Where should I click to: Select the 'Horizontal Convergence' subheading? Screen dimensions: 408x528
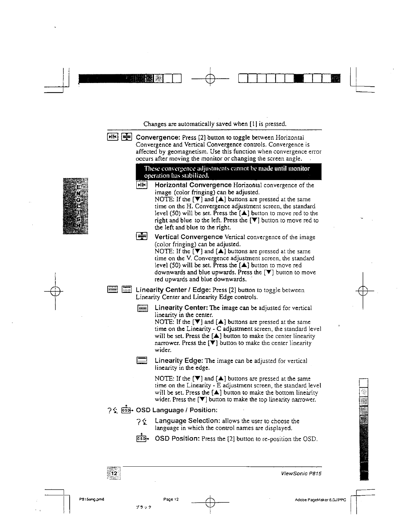click(193, 185)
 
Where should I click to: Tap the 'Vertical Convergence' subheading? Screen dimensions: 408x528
click(189, 237)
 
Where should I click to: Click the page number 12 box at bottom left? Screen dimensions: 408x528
click(114, 474)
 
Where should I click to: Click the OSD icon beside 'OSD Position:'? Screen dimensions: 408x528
click(142, 438)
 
